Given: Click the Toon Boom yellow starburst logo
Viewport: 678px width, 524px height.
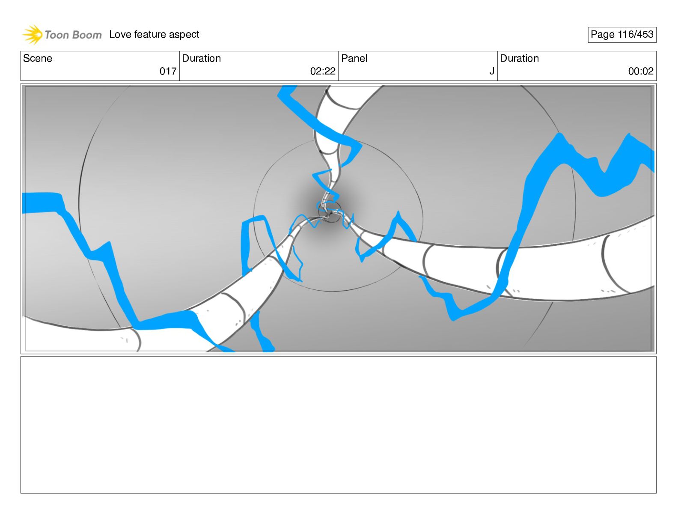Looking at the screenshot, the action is (x=33, y=34).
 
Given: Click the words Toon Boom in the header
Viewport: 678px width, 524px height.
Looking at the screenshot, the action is (x=73, y=35).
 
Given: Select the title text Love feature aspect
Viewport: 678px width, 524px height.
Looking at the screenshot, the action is (x=154, y=34).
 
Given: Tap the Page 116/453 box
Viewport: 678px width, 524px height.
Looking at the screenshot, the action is (x=621, y=35).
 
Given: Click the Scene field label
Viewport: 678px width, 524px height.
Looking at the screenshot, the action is (x=38, y=58).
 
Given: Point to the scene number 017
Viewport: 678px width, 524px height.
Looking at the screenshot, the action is (x=168, y=71).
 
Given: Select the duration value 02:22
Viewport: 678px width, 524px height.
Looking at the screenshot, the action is (x=323, y=71).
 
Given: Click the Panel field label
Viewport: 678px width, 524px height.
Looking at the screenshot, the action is (x=354, y=58).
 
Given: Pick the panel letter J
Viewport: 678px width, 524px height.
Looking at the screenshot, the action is (x=492, y=71).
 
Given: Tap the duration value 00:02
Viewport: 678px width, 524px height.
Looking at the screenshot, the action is (x=640, y=71).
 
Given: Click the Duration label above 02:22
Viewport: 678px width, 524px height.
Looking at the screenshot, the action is (x=201, y=58).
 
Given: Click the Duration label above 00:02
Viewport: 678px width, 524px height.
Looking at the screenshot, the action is (x=519, y=58).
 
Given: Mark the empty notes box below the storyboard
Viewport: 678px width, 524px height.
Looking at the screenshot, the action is (x=338, y=424).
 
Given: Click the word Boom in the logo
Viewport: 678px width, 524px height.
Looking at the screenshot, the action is (x=87, y=35).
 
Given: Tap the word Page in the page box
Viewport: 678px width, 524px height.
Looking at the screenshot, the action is (x=602, y=35).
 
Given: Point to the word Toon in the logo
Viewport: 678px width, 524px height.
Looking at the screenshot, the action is (x=56, y=35).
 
